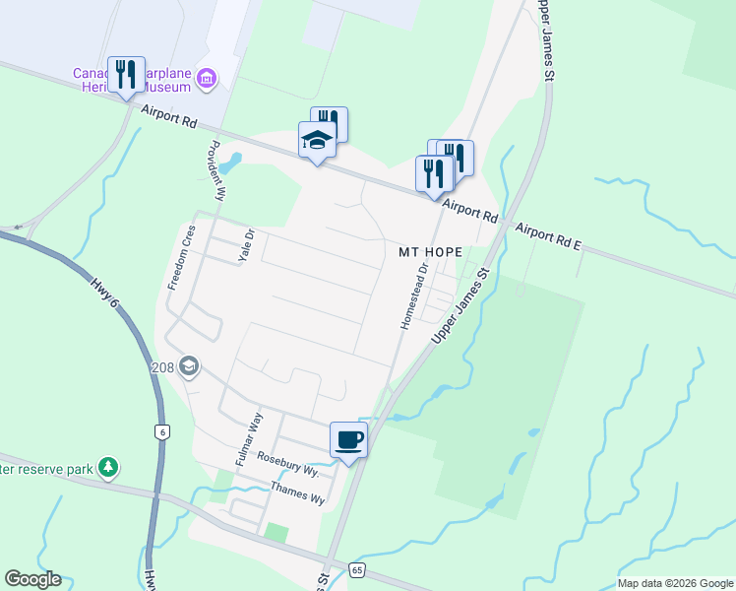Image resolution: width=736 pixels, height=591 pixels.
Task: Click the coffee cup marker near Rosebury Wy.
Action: click(347, 439)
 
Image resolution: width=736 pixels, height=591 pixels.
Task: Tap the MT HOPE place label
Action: click(430, 252)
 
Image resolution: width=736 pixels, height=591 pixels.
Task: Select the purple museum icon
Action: click(206, 78)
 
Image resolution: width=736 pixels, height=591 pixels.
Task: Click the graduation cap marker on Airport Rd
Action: click(317, 140)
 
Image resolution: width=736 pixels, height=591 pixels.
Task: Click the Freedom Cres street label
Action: click(181, 257)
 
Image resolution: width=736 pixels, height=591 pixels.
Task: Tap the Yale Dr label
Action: click(246, 245)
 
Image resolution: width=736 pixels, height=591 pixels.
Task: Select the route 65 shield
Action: click(356, 570)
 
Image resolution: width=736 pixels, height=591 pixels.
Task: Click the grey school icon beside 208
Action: click(188, 368)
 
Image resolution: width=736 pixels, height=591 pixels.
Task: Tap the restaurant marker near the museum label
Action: click(126, 75)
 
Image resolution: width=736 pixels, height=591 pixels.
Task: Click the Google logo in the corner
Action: click(32, 579)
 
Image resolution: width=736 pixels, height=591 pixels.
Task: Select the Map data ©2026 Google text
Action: click(674, 583)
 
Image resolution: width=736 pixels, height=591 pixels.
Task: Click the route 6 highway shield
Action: click(159, 431)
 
